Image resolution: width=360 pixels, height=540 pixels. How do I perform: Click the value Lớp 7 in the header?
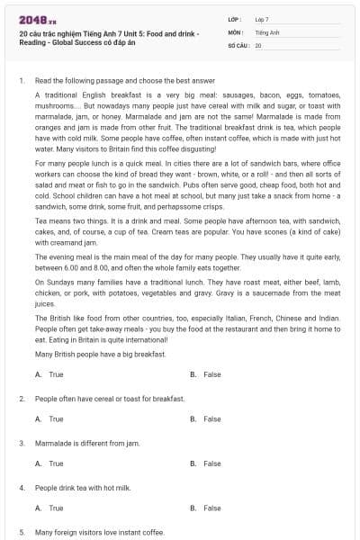[x=261, y=18]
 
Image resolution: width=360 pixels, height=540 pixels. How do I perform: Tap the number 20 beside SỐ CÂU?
[x=258, y=44]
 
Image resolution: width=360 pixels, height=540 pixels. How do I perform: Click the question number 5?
[x=21, y=532]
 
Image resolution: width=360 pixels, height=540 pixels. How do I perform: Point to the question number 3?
[x=21, y=443]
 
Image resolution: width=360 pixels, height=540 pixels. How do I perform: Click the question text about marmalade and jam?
[x=79, y=443]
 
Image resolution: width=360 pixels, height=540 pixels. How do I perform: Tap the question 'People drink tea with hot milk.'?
[x=83, y=487]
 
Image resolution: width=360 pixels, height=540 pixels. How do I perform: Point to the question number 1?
[x=21, y=81]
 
